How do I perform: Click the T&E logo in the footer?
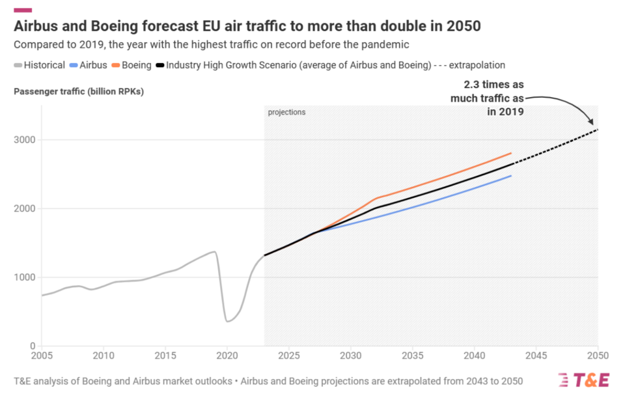583,380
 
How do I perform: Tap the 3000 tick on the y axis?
23,140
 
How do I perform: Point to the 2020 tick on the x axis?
227,356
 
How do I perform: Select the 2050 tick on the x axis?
597,356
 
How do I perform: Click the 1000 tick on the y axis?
23,277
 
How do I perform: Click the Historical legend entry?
39,65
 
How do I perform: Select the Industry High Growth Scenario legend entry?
299,65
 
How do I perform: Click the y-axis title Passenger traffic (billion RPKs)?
78,91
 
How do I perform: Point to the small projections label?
286,113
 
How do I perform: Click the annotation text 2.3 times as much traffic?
487,98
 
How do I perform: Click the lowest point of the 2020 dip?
227,321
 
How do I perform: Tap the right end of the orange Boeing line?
511,153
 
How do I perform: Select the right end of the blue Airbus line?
511,176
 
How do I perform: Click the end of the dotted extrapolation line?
597,130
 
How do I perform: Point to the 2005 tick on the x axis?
42,356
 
